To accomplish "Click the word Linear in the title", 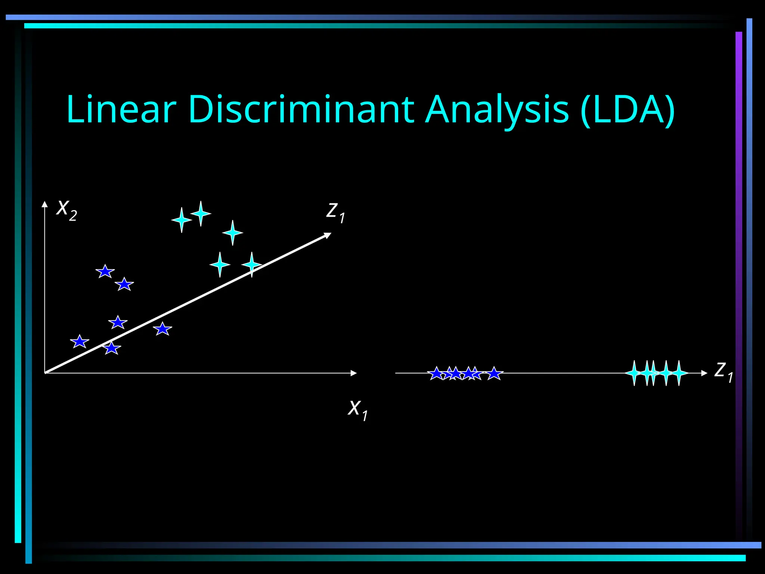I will (x=121, y=109).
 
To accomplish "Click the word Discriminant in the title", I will (x=301, y=109).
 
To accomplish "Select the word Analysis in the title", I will (x=497, y=109).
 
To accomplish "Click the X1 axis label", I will (x=357, y=410).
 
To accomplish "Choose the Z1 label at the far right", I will (x=723, y=371).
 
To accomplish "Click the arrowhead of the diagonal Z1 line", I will (x=328, y=235).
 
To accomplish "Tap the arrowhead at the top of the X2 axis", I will (x=45, y=204).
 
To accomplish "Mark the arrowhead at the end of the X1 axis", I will (x=353, y=373).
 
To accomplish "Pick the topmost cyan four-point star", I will (x=201, y=213).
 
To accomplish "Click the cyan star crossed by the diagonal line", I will (x=252, y=265).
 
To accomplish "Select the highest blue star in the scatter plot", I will (x=105, y=271).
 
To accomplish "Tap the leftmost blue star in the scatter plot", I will (x=80, y=342).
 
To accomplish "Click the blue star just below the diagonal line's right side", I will (x=162, y=329).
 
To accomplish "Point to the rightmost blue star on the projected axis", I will (x=494, y=373).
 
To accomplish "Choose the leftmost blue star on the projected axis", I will (x=436, y=373).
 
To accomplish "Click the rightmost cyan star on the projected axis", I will (x=679, y=373).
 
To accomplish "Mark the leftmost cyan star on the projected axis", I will (x=634, y=373).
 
